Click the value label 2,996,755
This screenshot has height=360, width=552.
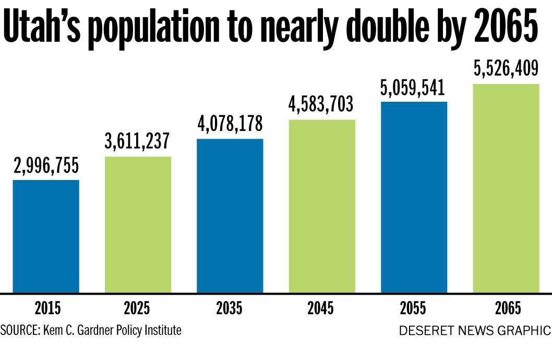(46, 165)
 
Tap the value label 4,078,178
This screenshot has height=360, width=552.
(230, 124)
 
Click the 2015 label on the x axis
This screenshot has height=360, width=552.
(47, 309)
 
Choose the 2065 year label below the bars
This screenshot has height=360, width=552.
(505, 309)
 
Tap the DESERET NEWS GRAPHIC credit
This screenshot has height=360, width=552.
(474, 331)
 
